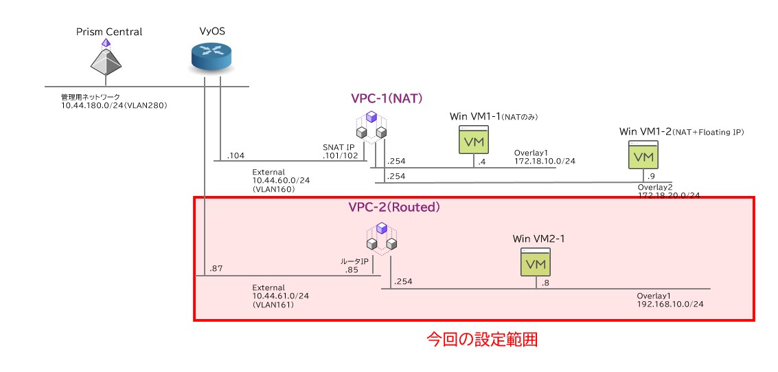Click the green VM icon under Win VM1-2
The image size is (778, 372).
643,156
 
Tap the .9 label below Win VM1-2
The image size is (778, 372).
651,176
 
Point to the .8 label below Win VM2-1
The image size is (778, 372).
546,283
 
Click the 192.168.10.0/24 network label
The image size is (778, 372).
670,303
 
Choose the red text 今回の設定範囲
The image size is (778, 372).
481,339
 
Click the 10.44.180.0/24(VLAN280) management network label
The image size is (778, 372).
114,106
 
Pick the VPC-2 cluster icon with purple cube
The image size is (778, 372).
382,236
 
